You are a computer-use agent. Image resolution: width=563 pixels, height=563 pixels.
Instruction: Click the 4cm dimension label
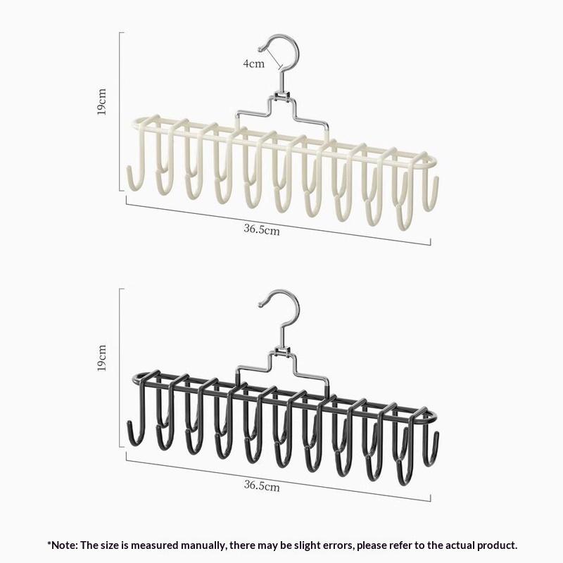pyautogui.click(x=254, y=63)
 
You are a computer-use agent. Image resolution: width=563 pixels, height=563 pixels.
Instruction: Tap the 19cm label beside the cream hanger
pyautogui.click(x=101, y=102)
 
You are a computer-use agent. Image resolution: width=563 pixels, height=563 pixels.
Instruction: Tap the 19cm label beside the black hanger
pyautogui.click(x=101, y=358)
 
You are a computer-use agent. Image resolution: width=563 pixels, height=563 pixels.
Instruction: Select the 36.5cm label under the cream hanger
pyautogui.click(x=262, y=229)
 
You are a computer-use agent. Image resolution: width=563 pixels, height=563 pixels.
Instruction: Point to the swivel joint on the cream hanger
pyautogui.click(x=282, y=96)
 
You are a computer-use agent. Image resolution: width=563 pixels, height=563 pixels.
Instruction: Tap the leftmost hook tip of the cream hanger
pyautogui.click(x=129, y=168)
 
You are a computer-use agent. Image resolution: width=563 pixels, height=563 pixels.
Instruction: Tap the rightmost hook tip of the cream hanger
pyautogui.click(x=436, y=179)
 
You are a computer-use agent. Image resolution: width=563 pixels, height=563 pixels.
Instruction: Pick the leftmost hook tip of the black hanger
pyautogui.click(x=129, y=423)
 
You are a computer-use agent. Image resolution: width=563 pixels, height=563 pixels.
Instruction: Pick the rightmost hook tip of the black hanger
pyautogui.click(x=436, y=434)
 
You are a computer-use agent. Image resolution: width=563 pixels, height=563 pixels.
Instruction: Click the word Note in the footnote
pyautogui.click(x=65, y=545)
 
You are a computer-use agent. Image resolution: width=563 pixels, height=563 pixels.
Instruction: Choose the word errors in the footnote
pyautogui.click(x=339, y=546)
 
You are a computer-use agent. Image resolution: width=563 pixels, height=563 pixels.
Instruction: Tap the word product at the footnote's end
pyautogui.click(x=498, y=546)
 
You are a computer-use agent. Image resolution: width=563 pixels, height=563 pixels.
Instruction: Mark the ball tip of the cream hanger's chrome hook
pyautogui.click(x=260, y=49)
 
